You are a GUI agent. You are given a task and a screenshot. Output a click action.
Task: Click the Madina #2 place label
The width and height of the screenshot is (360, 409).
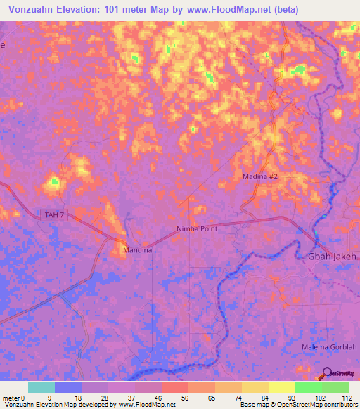[x=261, y=177]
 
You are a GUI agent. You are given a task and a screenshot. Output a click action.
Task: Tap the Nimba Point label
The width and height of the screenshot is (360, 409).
[x=197, y=229]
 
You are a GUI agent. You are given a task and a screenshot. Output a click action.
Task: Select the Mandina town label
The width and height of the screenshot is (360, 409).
[x=137, y=249]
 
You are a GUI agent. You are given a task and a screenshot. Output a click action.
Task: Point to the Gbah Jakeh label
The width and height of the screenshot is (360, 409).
[x=333, y=257]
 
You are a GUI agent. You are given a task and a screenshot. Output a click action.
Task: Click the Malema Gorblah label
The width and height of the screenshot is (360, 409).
[x=325, y=348]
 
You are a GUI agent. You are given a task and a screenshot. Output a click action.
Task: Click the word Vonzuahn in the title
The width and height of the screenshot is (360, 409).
[x=37, y=10]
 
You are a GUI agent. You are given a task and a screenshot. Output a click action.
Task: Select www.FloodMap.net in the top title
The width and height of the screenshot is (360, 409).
[x=225, y=10]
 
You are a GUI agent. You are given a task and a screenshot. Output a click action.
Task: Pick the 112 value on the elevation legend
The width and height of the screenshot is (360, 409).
[x=347, y=397]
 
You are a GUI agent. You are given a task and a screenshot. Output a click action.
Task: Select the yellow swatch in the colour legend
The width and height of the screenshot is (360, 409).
[x=281, y=387]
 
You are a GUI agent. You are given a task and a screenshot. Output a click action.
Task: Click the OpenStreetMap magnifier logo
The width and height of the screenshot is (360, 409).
[x=328, y=375]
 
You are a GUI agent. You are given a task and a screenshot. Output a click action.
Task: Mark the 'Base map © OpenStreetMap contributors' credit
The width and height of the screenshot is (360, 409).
[x=298, y=405]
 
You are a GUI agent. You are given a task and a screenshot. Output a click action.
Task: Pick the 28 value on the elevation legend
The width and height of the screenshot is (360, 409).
[x=108, y=397]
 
